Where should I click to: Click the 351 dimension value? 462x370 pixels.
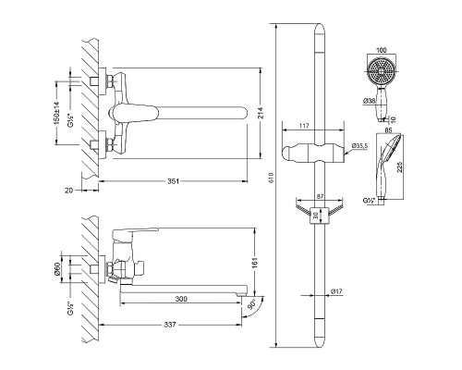(x=173, y=181)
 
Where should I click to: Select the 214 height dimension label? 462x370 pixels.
(x=261, y=113)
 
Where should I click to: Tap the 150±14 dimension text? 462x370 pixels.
(x=57, y=113)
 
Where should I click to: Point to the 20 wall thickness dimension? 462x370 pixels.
(x=69, y=191)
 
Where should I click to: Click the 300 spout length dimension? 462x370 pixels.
(x=181, y=299)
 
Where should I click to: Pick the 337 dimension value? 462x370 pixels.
(x=170, y=325)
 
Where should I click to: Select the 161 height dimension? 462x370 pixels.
(x=255, y=263)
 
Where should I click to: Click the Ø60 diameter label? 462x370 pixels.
(x=56, y=269)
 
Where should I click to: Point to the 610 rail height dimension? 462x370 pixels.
(x=272, y=179)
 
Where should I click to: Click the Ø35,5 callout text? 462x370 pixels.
(x=360, y=145)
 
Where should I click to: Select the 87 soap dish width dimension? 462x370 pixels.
(x=320, y=196)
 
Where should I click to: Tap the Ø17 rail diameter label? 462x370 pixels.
(x=336, y=291)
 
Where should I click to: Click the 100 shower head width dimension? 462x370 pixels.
(x=382, y=50)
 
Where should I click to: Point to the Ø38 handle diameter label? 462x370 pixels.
(x=369, y=100)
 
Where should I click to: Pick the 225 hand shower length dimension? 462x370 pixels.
(x=399, y=166)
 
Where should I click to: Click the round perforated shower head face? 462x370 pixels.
(x=382, y=71)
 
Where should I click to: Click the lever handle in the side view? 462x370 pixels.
(x=135, y=233)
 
